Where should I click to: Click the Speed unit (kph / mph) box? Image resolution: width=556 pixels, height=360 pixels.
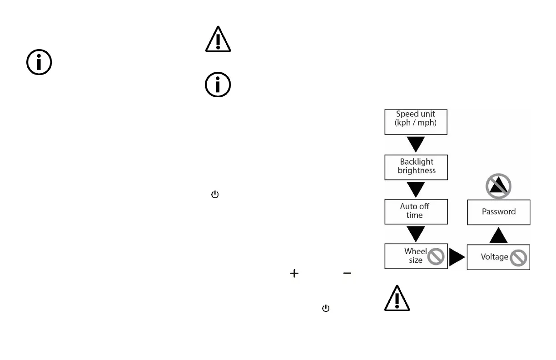tap(416, 122)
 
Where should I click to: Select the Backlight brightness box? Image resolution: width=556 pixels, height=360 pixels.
tap(416, 167)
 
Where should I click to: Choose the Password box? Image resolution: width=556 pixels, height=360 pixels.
tap(498, 212)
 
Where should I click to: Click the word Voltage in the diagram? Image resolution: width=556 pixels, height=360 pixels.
tap(494, 257)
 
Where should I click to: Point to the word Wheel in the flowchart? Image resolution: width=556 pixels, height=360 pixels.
tap(416, 251)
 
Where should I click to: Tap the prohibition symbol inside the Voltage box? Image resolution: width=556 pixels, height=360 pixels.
tap(518, 258)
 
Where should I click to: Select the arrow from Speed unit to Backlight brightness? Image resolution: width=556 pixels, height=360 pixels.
tap(416, 144)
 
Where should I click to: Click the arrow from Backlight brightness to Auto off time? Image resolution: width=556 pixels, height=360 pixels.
tap(416, 189)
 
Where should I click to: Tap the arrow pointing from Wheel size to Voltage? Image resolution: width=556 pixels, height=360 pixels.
tap(457, 257)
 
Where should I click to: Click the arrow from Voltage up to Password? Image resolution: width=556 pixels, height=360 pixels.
tap(498, 235)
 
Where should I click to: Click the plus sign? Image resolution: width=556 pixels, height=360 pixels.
tap(294, 273)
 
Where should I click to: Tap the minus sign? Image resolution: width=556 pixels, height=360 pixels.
tap(347, 273)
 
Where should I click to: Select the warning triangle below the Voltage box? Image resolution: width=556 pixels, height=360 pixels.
tap(397, 299)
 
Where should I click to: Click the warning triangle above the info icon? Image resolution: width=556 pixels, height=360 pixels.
tap(218, 40)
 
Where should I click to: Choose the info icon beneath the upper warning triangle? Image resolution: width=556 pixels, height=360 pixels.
tap(218, 85)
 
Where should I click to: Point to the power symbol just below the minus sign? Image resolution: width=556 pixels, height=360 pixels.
tap(325, 308)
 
